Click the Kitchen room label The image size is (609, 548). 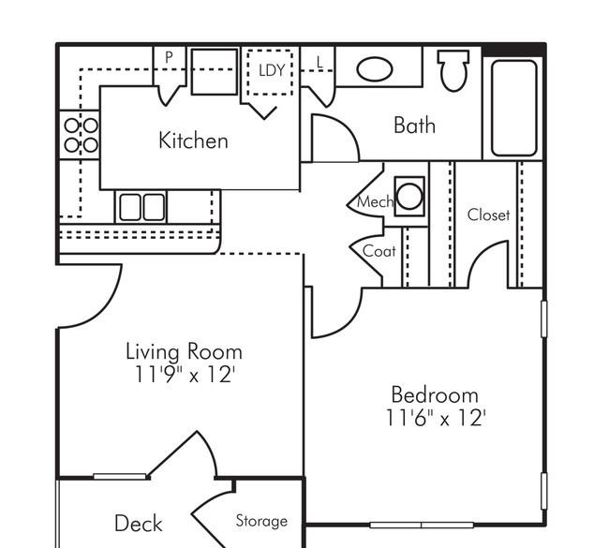[193, 141]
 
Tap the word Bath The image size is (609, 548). [414, 126]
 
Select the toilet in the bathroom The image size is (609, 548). [453, 70]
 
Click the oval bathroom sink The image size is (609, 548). [375, 69]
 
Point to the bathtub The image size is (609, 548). [513, 108]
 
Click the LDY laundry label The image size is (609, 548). [272, 70]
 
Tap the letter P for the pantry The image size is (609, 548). [169, 57]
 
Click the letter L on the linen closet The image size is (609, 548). [319, 62]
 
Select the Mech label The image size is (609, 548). [375, 202]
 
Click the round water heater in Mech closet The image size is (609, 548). [409, 197]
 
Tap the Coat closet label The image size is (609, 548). [379, 251]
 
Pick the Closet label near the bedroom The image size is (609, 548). [488, 215]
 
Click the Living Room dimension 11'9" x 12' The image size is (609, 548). [184, 375]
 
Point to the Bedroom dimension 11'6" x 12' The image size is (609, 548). [436, 419]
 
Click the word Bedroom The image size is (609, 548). [435, 395]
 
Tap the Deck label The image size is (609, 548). [139, 523]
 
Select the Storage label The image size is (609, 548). [261, 521]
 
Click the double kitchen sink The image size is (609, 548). [141, 207]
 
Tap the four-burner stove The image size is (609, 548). [81, 135]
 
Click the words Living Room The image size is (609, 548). [184, 351]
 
